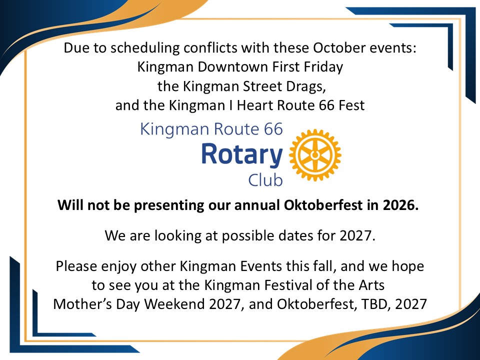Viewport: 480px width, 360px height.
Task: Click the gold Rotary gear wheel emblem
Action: [x=315, y=155]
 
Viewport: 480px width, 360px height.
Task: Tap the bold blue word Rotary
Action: [x=242, y=155]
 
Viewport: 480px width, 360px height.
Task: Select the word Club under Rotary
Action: [x=265, y=180]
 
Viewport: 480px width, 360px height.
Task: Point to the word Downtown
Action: [x=233, y=66]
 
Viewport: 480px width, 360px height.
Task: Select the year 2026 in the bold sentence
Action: [x=400, y=205]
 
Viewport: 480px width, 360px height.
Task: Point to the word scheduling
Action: [x=145, y=48]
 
